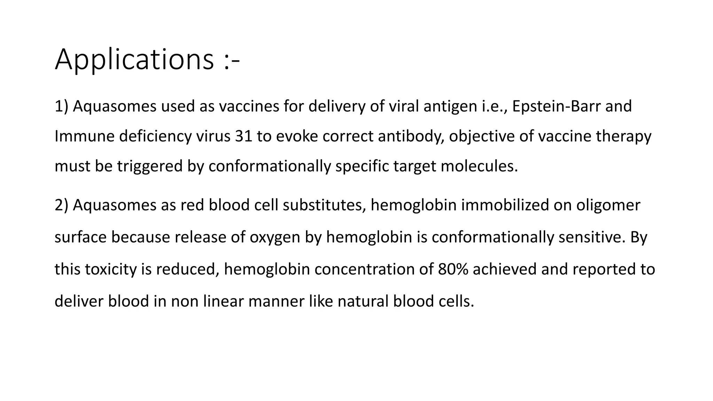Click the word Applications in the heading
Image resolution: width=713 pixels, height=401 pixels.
(134, 60)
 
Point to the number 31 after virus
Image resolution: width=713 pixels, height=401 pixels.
(243, 136)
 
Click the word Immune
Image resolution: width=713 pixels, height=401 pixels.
(85, 136)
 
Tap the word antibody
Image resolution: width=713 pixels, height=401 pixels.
(411, 136)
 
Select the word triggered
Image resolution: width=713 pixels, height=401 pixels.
(150, 166)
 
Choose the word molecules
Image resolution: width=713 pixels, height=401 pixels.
(479, 166)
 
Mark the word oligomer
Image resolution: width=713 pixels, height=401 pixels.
(608, 205)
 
